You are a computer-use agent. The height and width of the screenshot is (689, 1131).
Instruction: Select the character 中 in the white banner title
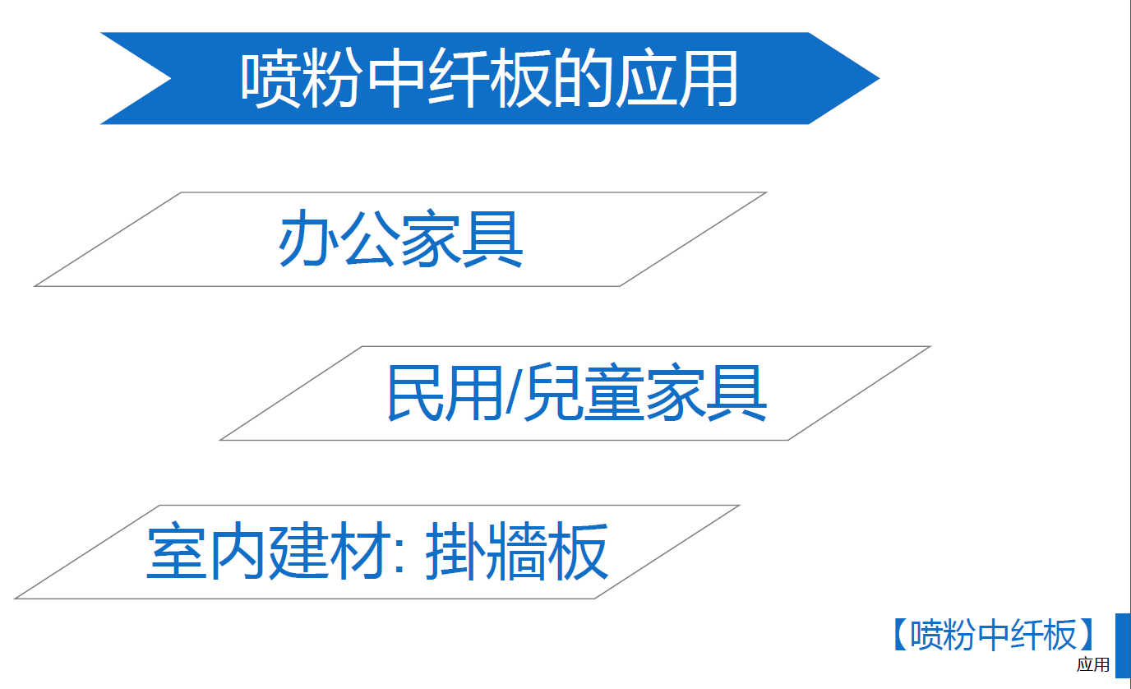point(396,78)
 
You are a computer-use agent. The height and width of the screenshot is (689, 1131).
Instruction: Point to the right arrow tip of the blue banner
point(879,78)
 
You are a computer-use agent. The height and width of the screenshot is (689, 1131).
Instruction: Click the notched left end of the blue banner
point(171,78)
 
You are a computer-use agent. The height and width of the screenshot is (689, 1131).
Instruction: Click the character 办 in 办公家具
point(308,238)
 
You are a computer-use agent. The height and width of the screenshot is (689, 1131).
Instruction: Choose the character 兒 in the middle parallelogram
point(554,392)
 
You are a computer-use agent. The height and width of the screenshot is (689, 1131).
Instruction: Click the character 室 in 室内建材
point(176,551)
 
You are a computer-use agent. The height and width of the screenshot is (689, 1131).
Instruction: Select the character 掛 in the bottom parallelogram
point(456,551)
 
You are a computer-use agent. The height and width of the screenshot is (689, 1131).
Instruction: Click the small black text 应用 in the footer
point(1093,665)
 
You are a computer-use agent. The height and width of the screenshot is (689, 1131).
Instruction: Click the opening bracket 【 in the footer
point(901,634)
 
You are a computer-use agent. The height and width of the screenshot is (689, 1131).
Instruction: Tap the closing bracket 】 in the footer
point(1087,634)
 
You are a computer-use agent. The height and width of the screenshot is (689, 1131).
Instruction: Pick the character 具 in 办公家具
point(492,238)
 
